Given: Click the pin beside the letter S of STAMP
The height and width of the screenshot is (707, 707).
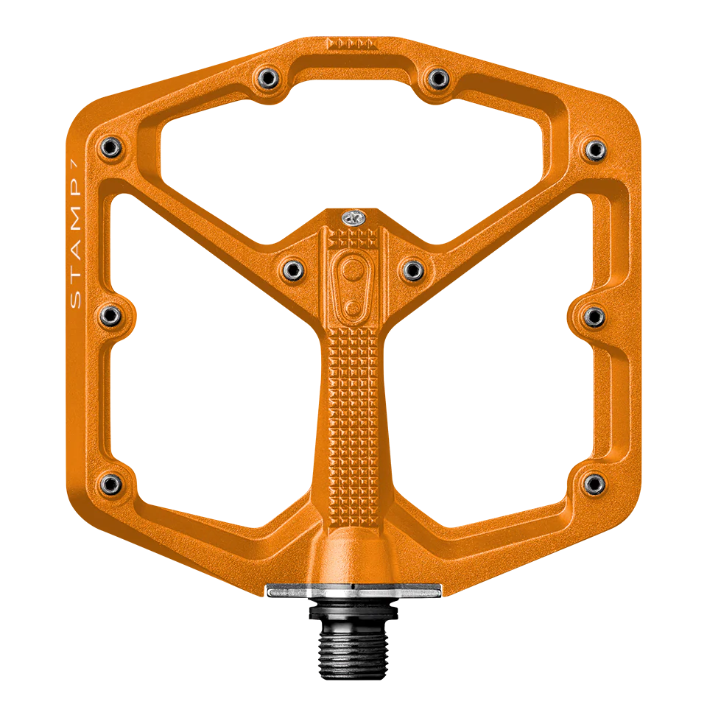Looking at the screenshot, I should [110, 316].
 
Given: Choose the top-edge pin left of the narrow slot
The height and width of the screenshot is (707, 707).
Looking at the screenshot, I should [267, 76].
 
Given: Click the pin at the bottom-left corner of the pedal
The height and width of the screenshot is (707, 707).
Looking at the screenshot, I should [110, 482].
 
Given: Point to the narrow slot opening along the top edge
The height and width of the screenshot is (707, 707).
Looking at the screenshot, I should [353, 67].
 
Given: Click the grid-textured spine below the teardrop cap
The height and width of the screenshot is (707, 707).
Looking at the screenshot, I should [353, 412].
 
